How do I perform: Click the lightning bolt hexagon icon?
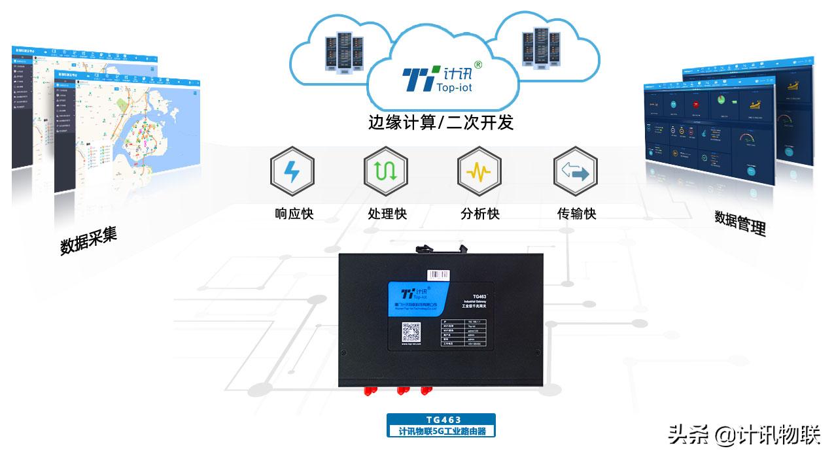[292, 172]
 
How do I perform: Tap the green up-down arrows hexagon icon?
[386, 172]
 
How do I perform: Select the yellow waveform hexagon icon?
[479, 172]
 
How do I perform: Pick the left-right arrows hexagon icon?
[575, 172]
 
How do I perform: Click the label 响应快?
[294, 214]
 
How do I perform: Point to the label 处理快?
[387, 214]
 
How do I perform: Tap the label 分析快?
[480, 214]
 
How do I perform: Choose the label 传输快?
[576, 214]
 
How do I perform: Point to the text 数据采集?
[88, 241]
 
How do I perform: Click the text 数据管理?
[740, 222]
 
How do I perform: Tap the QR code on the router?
[411, 333]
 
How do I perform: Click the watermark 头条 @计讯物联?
[743, 435]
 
